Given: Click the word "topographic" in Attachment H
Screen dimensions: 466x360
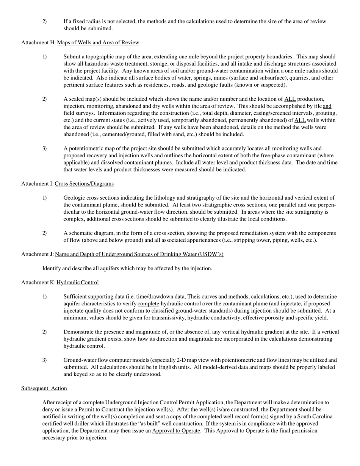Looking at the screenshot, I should click(x=100, y=57).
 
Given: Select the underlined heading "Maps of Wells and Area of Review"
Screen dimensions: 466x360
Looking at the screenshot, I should click(x=98, y=42).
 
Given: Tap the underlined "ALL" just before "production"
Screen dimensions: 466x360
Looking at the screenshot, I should click(x=290, y=99).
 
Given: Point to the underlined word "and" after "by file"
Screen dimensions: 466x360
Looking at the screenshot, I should click(x=327, y=106).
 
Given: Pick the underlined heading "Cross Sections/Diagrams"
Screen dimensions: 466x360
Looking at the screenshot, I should click(x=84, y=184).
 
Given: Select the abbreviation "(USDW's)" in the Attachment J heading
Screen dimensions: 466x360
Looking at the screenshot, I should click(x=210, y=254).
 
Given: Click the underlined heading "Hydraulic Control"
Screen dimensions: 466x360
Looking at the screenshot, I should click(x=78, y=283).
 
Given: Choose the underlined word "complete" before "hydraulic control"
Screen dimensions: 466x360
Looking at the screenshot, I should click(x=148, y=304).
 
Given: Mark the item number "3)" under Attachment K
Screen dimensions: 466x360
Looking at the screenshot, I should click(x=45, y=360).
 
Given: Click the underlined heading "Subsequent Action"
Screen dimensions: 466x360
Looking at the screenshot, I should click(x=44, y=388).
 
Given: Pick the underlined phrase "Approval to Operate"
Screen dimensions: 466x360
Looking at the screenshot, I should click(x=176, y=431).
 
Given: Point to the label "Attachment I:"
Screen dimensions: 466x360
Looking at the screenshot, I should click(x=37, y=184).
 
